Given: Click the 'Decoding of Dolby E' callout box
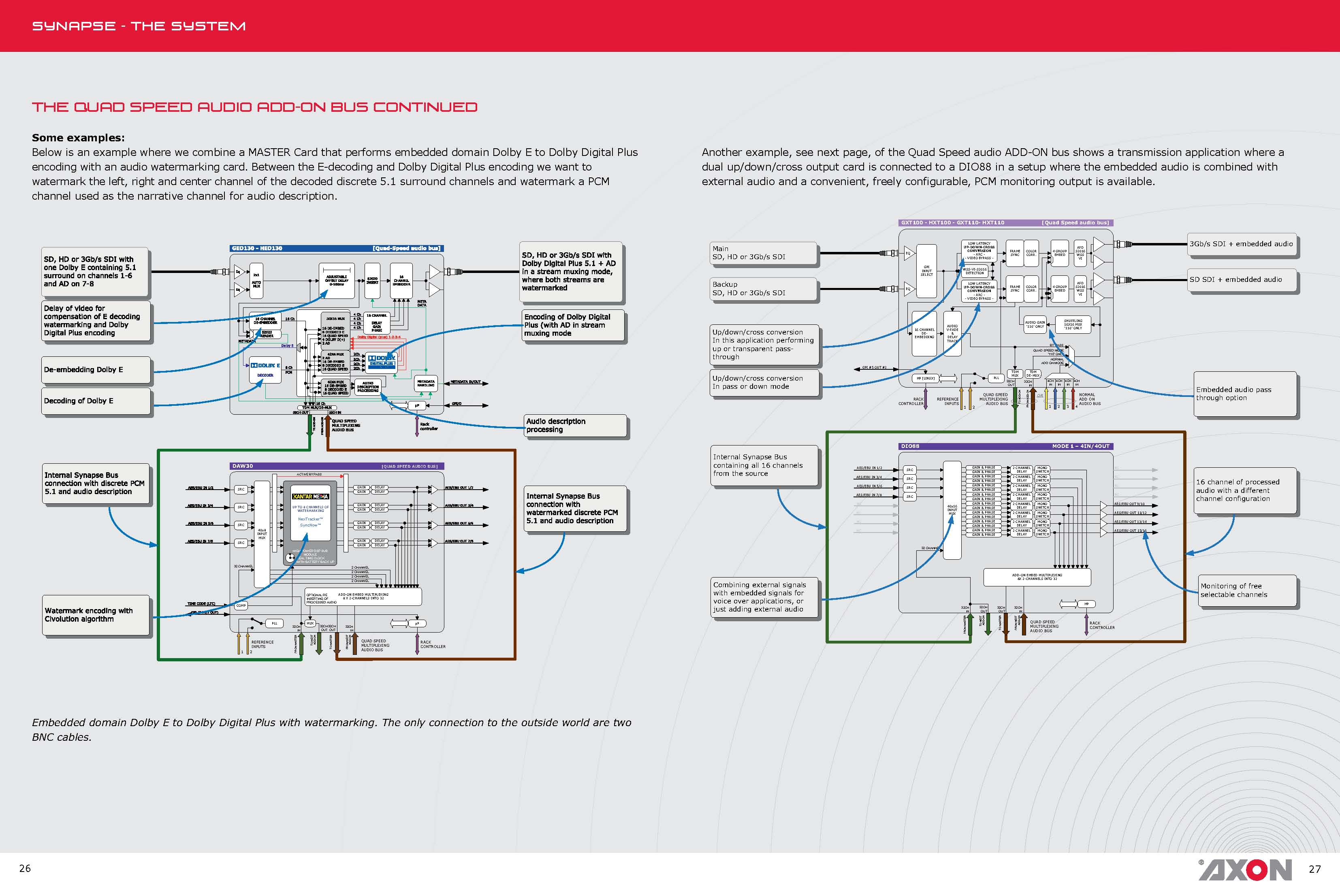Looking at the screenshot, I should [x=96, y=401].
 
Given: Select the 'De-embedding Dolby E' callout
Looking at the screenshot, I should [x=96, y=370].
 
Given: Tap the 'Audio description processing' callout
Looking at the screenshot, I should [x=575, y=425].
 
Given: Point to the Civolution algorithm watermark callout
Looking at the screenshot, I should [x=96, y=615].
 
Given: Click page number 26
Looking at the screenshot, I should [x=25, y=868].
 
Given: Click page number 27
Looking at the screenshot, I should [x=1314, y=869].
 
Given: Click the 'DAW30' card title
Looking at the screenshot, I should [x=243, y=466].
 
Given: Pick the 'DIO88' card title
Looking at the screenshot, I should [x=910, y=446].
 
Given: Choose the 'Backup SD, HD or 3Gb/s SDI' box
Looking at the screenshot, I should [x=763, y=289].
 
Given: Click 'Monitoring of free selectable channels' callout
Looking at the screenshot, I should [x=1247, y=590].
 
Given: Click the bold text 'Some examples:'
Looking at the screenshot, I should [x=78, y=138].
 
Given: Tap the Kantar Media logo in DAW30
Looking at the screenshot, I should [x=310, y=497].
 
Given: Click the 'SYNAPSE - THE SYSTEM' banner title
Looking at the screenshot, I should [x=139, y=26].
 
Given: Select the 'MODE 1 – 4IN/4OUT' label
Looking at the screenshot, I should [x=1080, y=446].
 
